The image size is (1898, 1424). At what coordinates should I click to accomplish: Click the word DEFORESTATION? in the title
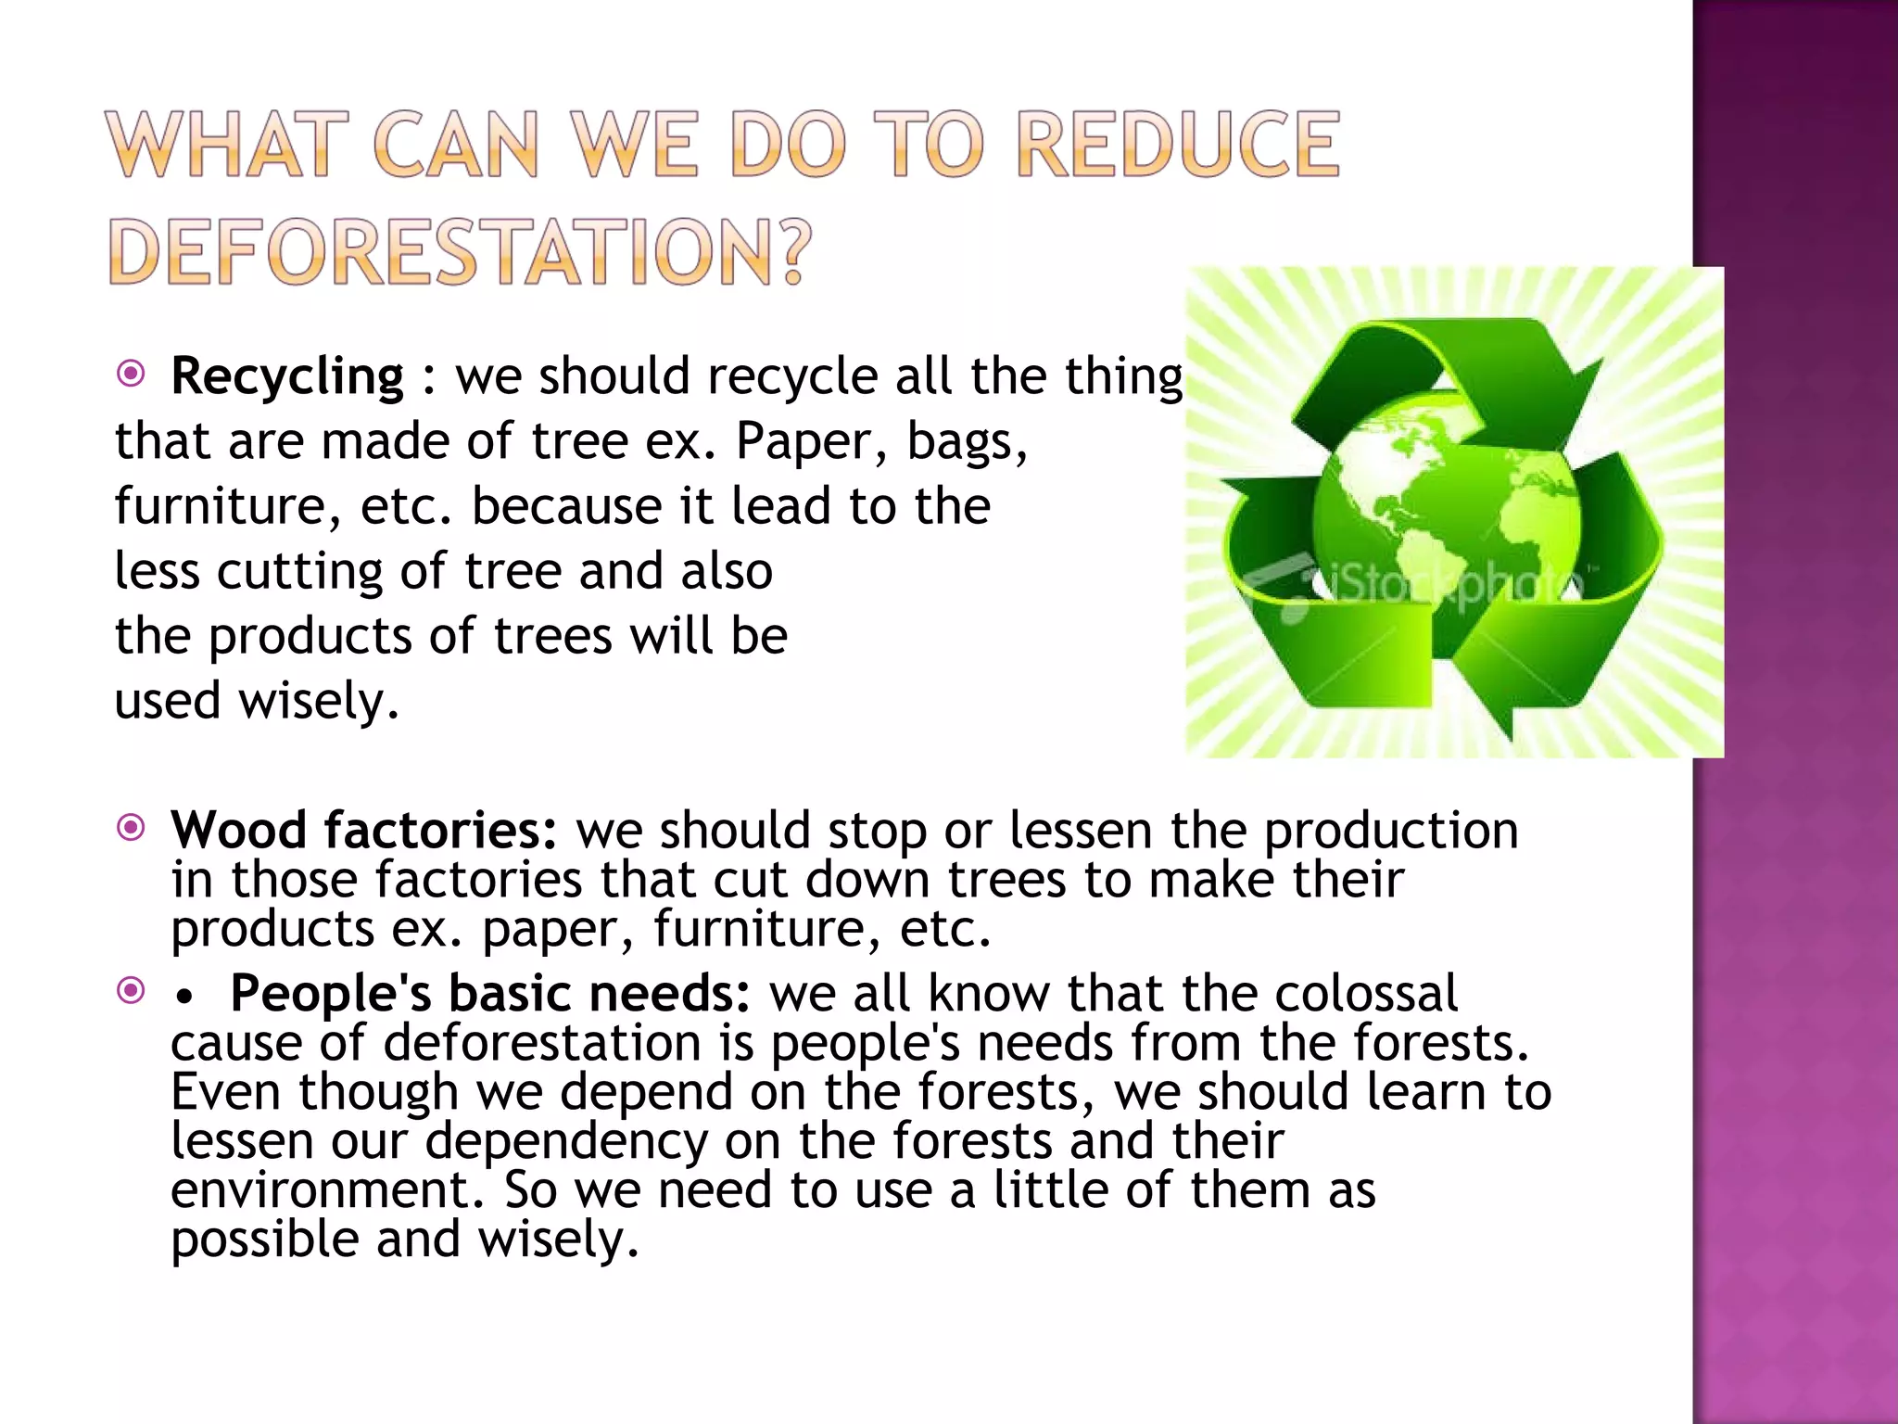[460, 252]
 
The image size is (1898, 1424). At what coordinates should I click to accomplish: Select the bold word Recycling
[287, 376]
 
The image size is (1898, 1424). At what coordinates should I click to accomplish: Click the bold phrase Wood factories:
[364, 830]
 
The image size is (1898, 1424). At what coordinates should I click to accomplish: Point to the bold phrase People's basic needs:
[489, 993]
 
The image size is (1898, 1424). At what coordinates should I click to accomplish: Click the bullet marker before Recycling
[132, 374]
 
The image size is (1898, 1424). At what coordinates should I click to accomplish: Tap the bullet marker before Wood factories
[132, 827]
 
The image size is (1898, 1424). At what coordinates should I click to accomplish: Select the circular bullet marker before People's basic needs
[132, 990]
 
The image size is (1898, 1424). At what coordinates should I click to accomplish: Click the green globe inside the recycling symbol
[1446, 519]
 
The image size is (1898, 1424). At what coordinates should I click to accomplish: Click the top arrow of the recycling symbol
[1446, 371]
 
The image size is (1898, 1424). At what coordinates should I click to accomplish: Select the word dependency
[566, 1141]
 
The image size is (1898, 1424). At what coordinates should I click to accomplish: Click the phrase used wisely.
[256, 701]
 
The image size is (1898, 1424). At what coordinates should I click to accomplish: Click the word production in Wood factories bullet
[1391, 830]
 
